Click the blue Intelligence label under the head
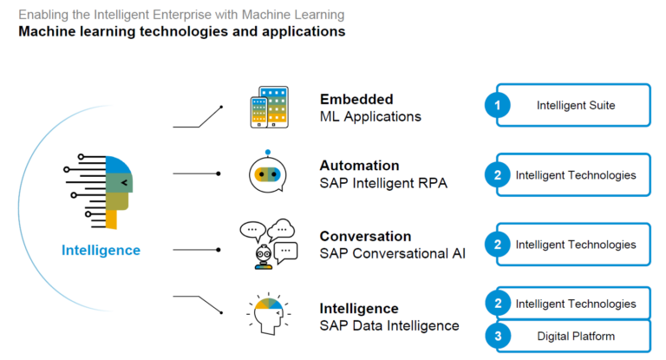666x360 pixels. pyautogui.click(x=101, y=251)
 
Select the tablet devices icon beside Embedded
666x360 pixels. pyautogui.click(x=268, y=107)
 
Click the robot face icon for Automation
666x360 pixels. pyautogui.click(x=268, y=173)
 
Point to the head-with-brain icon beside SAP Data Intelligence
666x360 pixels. pyautogui.click(x=268, y=315)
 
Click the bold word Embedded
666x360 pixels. pyautogui.click(x=356, y=99)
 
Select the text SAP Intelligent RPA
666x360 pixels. pyautogui.click(x=383, y=183)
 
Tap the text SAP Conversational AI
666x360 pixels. pyautogui.click(x=392, y=253)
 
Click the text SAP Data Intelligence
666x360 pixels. pyautogui.click(x=389, y=325)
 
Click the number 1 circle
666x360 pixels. pyautogui.click(x=498, y=106)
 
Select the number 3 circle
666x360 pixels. pyautogui.click(x=498, y=337)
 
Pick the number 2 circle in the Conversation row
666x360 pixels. pyautogui.click(x=498, y=245)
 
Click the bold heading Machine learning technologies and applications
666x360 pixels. pyautogui.click(x=182, y=32)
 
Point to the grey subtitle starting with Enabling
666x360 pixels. pyautogui.click(x=181, y=15)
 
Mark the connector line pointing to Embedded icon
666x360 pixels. pyautogui.click(x=198, y=119)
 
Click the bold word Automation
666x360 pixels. pyautogui.click(x=359, y=166)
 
